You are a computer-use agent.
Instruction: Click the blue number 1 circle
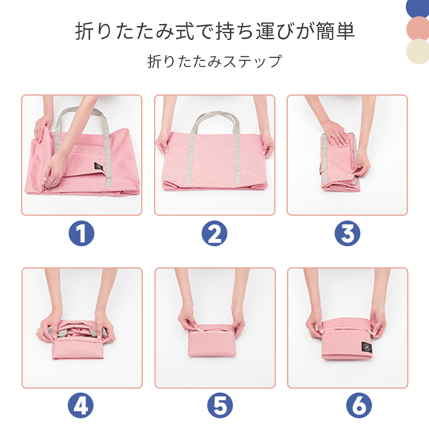(81, 233)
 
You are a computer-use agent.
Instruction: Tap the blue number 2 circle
(214, 233)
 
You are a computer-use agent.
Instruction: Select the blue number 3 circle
(347, 233)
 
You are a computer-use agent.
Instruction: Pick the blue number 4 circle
(81, 405)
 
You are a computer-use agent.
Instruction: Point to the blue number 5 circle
(220, 405)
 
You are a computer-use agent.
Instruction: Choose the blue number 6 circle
(359, 405)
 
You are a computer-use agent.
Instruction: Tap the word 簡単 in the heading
(335, 31)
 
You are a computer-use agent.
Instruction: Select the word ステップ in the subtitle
(253, 61)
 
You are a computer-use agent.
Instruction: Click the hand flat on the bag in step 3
(335, 134)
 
